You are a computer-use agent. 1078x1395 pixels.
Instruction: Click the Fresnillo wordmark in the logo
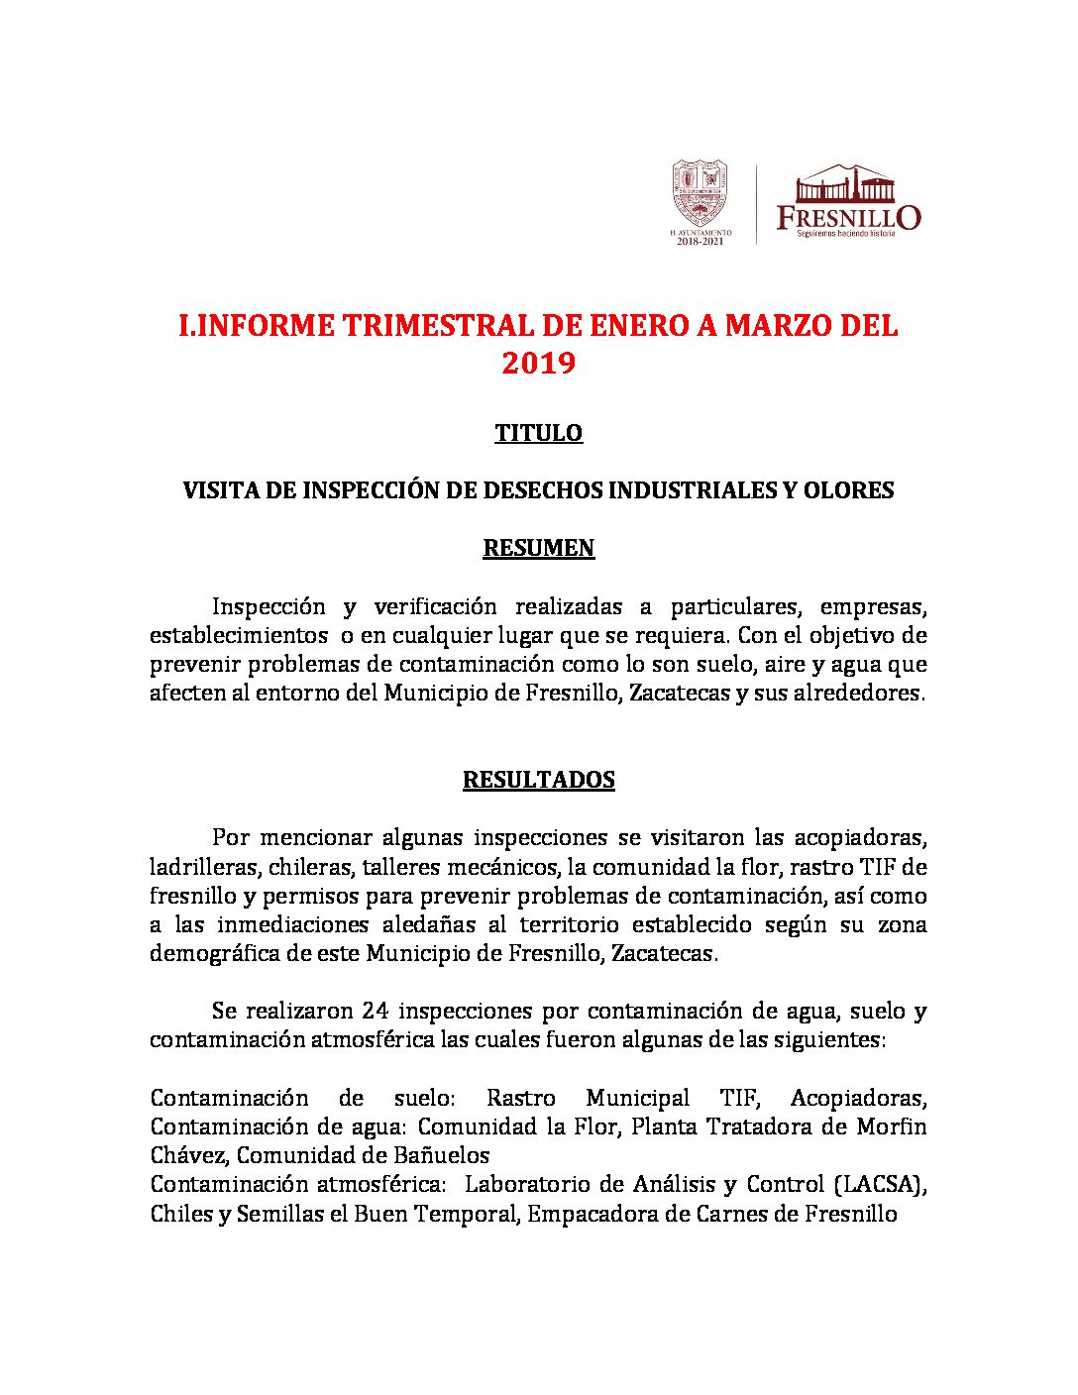tap(848, 216)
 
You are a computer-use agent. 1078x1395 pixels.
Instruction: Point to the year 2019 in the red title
tap(538, 364)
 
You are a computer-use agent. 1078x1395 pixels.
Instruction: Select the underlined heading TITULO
tap(538, 433)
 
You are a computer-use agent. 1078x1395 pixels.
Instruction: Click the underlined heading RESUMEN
tap(538, 548)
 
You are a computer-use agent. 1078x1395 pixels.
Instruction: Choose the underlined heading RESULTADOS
tap(538, 780)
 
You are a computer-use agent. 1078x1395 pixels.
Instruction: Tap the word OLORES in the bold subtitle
tap(848, 490)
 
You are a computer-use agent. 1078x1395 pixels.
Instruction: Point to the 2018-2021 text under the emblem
tap(701, 241)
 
